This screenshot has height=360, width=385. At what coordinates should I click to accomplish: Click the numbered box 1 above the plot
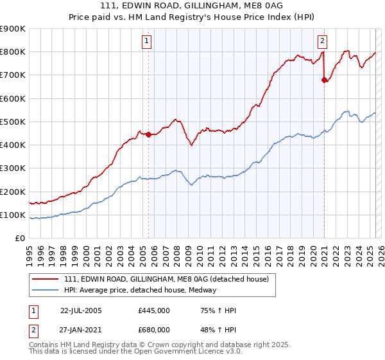148,41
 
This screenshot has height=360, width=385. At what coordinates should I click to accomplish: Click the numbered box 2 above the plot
322,41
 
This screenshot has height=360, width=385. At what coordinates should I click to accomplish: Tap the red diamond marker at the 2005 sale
148,134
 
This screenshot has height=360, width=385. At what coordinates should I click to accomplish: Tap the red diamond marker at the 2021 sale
325,80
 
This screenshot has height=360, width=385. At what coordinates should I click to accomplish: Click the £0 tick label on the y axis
20,239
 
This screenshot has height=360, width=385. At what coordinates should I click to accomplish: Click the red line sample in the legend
46,278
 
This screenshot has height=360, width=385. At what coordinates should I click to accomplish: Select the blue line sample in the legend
46,290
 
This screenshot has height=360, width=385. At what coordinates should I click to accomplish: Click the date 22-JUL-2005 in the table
81,310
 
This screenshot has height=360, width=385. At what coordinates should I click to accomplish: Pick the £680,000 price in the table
154,330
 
